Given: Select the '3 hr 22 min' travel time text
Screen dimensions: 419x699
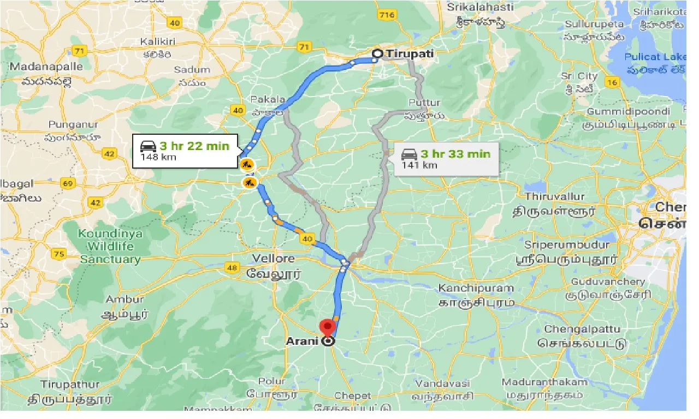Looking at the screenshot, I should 194,146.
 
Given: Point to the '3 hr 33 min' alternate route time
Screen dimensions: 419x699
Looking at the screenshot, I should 454,154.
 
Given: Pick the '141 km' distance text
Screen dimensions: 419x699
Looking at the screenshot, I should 419,165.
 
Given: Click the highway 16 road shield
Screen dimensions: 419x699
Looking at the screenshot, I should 612,82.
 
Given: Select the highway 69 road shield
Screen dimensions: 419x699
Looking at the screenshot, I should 68,183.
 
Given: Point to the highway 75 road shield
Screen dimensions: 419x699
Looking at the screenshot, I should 58,253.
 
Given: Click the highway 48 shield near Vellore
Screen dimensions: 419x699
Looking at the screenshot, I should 233,267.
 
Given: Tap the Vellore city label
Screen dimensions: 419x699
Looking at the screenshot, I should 273,259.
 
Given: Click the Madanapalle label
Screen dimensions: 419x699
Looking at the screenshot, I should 46,67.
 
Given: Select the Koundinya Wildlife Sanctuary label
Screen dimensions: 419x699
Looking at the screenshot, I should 110,246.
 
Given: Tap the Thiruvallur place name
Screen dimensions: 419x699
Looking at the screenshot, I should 554,196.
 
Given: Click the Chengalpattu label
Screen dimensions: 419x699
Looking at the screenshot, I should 582,330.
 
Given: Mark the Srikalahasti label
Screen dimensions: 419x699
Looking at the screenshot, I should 481,7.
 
